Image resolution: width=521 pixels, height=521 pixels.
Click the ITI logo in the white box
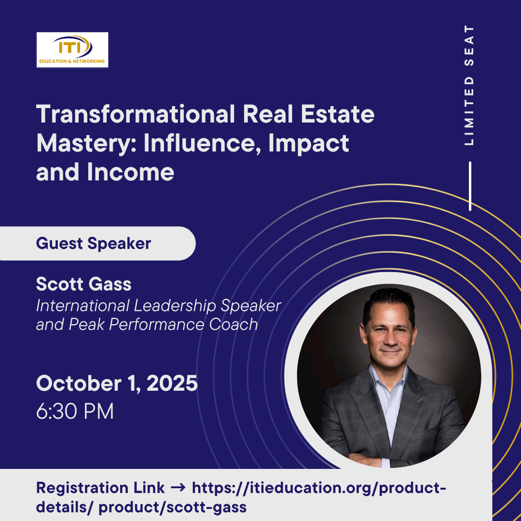click(x=72, y=50)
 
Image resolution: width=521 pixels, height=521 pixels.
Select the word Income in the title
click(x=131, y=172)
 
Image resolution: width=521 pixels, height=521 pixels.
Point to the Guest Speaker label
click(x=94, y=244)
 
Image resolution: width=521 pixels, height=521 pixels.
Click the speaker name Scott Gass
click(x=84, y=284)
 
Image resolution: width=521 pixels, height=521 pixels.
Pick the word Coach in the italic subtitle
click(x=233, y=324)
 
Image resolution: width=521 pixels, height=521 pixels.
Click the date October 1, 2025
click(x=117, y=384)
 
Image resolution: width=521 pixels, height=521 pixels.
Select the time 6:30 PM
click(x=75, y=411)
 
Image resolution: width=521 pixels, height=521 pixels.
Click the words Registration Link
click(x=100, y=488)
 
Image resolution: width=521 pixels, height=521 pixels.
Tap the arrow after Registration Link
click(x=178, y=488)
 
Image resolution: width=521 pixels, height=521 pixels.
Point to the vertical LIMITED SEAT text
click(x=469, y=85)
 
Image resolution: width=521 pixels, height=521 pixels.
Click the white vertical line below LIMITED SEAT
click(x=470, y=186)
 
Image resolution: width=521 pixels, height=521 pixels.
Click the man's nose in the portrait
click(x=391, y=339)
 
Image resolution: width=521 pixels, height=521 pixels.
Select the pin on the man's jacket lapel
click(x=420, y=400)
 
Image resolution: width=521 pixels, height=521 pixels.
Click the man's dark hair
click(x=389, y=301)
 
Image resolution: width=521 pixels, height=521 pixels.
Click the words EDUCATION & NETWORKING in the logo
click(x=72, y=61)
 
